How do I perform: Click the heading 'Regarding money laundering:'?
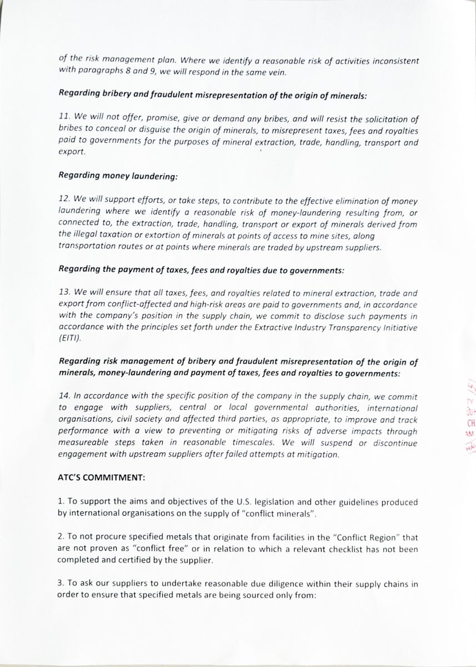click(x=118, y=176)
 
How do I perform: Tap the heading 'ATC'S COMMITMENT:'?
click(x=101, y=477)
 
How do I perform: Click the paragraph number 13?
click(x=64, y=293)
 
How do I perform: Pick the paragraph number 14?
click(x=64, y=396)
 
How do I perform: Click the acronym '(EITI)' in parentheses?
click(x=70, y=337)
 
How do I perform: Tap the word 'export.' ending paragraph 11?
click(x=72, y=151)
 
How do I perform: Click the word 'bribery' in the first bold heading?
click(x=119, y=94)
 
